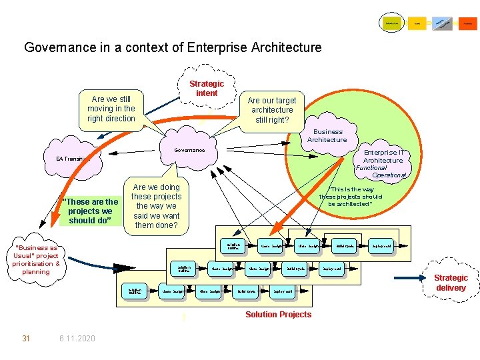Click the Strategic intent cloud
pos(207,89)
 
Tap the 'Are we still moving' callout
pos(111,109)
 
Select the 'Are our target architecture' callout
pos(272,110)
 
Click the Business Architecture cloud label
pos(327,135)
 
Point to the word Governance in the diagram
pos(189,150)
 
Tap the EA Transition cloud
pos(73,159)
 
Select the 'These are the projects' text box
pos(89,211)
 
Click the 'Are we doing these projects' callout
pos(156,206)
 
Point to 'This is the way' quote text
pos(351,197)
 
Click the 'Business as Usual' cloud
pos(36,260)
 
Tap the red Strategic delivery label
pos(451,283)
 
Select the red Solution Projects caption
pos(278,315)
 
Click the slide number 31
pos(26,339)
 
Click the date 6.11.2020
pos(77,339)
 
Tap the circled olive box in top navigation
pos(391,23)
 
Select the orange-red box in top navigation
pos(468,23)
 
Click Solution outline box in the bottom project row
pos(135,291)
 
